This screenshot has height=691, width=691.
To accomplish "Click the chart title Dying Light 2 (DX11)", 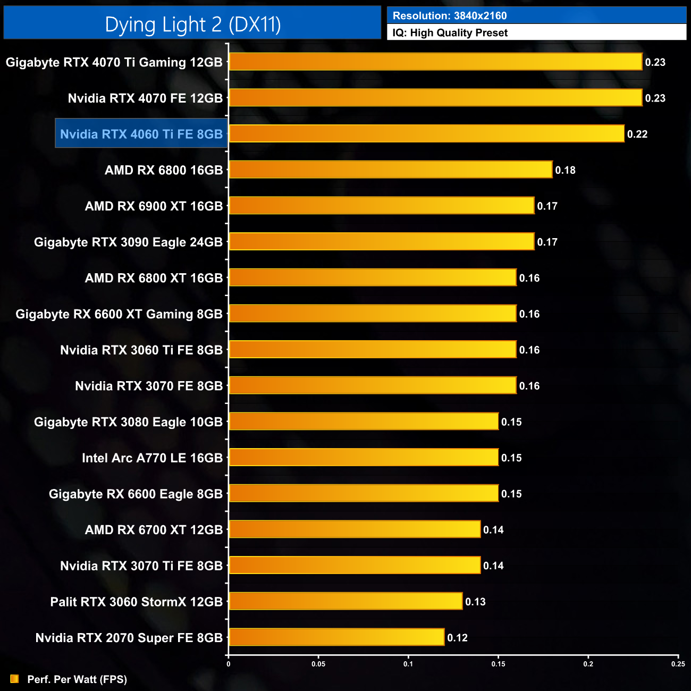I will (x=192, y=24).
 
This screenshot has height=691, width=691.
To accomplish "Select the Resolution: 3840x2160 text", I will (x=449, y=16).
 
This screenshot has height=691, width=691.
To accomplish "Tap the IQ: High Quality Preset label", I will (x=450, y=33).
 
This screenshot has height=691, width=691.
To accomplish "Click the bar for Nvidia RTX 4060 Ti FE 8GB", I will (x=426, y=134).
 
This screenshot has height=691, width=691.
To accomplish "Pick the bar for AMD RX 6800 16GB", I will (x=391, y=170).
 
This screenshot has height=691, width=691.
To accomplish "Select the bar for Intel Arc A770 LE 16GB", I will (x=364, y=458).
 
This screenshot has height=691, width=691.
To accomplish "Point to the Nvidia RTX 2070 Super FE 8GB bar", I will (x=336, y=637).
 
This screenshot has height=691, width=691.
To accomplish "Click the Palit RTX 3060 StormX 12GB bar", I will (x=345, y=602).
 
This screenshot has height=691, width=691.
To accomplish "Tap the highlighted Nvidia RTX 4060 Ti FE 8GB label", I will (x=141, y=134).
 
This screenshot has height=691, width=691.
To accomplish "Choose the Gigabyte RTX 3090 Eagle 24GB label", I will (x=128, y=242).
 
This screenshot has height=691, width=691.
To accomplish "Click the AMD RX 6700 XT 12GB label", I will (x=154, y=530).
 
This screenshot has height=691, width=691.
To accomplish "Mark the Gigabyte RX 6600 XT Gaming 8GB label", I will (x=119, y=314).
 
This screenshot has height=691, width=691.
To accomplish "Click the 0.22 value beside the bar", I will (x=637, y=134).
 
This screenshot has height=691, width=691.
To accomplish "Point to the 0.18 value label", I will (x=565, y=171).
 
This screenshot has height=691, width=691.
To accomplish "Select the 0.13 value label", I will (x=475, y=602).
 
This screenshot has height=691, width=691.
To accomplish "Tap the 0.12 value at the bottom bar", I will (x=457, y=638).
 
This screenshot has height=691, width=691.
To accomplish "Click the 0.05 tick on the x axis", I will (x=318, y=664).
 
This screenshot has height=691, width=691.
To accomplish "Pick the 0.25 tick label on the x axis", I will (x=678, y=664).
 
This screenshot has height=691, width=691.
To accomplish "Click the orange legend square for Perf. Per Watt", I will (x=14, y=679).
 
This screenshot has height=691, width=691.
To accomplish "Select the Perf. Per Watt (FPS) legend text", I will (x=77, y=679).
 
